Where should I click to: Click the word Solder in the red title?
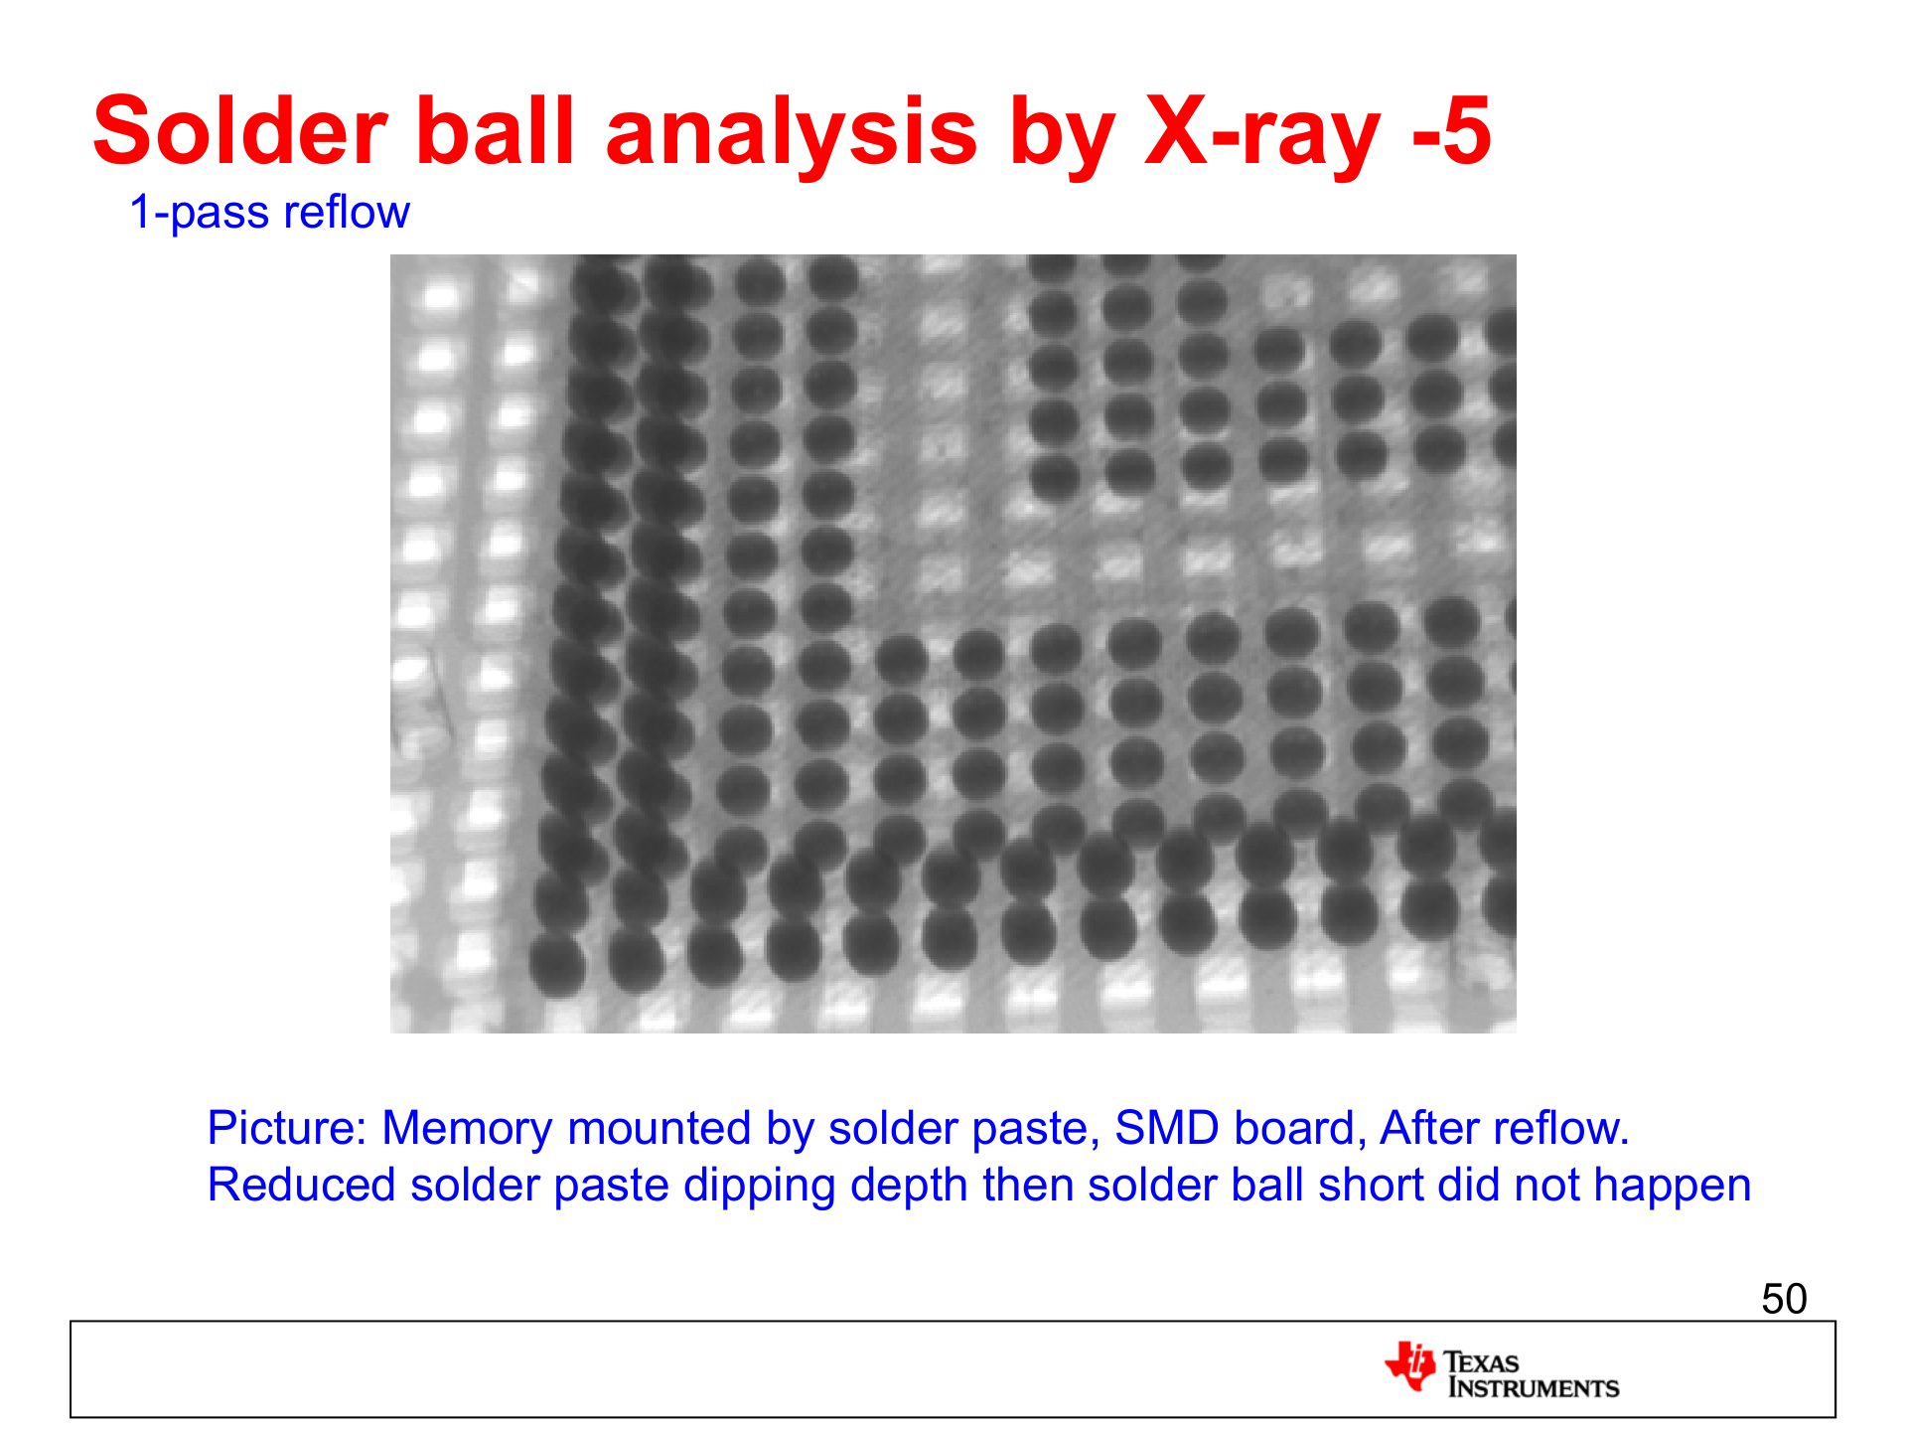(x=240, y=131)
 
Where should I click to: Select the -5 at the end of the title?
(x=1451, y=131)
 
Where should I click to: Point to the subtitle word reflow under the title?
(x=347, y=212)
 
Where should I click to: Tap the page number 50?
(x=1784, y=1299)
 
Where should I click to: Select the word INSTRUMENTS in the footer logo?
(x=1533, y=1387)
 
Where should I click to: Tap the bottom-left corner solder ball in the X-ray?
(x=557, y=964)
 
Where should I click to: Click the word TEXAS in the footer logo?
(x=1481, y=1361)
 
